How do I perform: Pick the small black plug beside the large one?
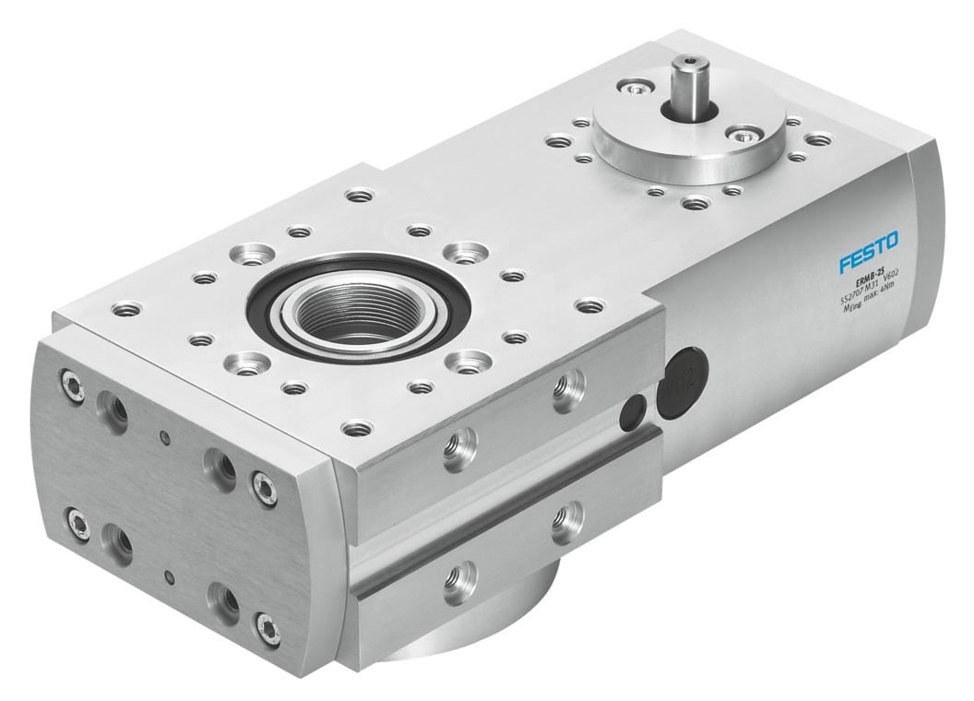(x=635, y=410)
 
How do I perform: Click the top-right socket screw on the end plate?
(x=265, y=487)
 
